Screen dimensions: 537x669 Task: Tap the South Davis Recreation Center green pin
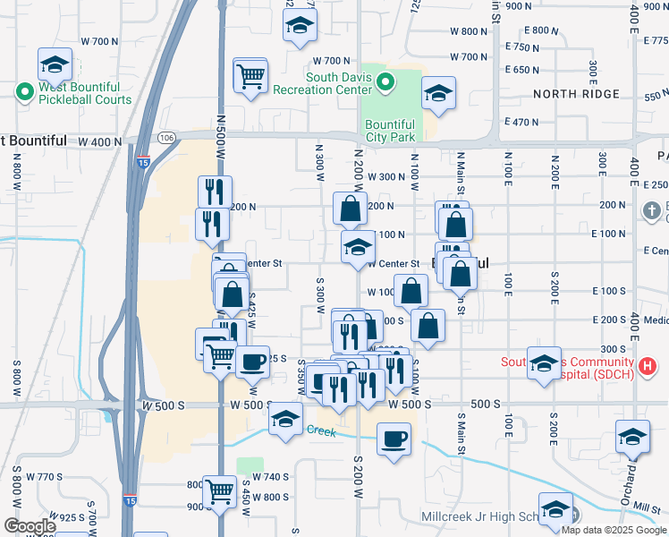(x=385, y=83)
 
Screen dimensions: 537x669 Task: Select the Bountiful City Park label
(x=390, y=131)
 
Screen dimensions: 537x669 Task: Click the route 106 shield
(x=166, y=137)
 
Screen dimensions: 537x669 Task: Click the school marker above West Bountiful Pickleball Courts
(x=55, y=64)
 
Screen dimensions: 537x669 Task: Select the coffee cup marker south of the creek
(x=394, y=439)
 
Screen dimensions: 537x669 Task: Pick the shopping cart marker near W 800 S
(x=219, y=490)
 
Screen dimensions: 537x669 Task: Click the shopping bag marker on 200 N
(x=350, y=209)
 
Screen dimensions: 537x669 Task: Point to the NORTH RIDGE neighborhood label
(x=576, y=94)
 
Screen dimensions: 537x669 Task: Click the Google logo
(x=29, y=526)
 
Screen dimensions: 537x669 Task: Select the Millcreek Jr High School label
(x=478, y=517)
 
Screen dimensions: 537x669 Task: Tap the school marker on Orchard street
(x=632, y=437)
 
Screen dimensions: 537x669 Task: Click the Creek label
(x=321, y=430)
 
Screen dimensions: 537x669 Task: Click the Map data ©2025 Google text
(x=614, y=530)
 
